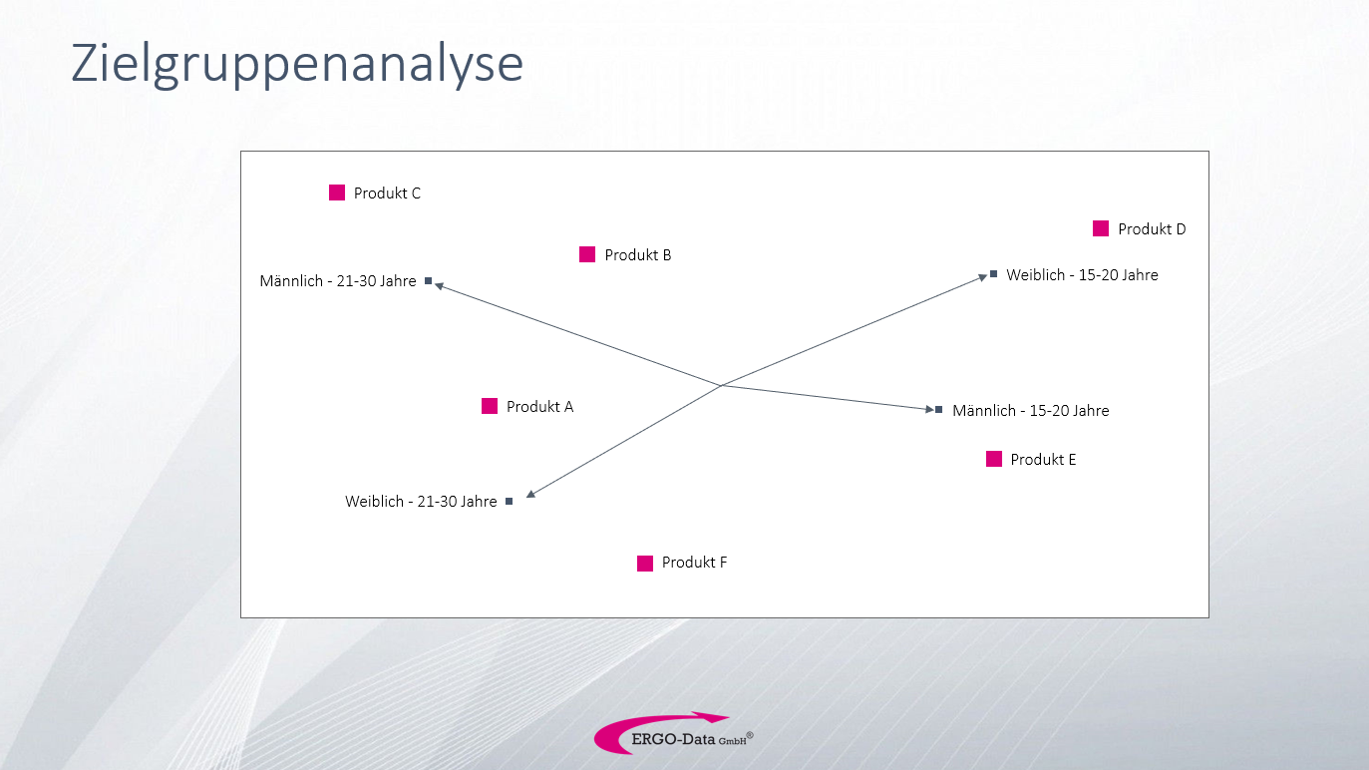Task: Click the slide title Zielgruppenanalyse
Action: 297,64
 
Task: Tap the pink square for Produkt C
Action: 337,192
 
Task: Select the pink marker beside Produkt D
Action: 1101,228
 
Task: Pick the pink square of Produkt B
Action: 587,254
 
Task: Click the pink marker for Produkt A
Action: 490,406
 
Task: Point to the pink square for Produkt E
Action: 994,459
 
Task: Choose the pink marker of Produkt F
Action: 645,564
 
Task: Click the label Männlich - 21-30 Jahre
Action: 338,281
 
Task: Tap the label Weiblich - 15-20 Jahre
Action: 1083,275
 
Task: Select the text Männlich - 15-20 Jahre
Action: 1030,410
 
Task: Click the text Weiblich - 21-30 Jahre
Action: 421,502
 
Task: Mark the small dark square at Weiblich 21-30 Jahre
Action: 510,502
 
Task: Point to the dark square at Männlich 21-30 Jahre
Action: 429,281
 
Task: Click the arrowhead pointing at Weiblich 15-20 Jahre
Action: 983,276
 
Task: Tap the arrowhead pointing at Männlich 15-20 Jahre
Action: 930,409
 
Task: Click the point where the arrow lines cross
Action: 722,385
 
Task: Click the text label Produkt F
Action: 694,563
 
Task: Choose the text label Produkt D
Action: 1152,229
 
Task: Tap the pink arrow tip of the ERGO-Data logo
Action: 725,716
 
